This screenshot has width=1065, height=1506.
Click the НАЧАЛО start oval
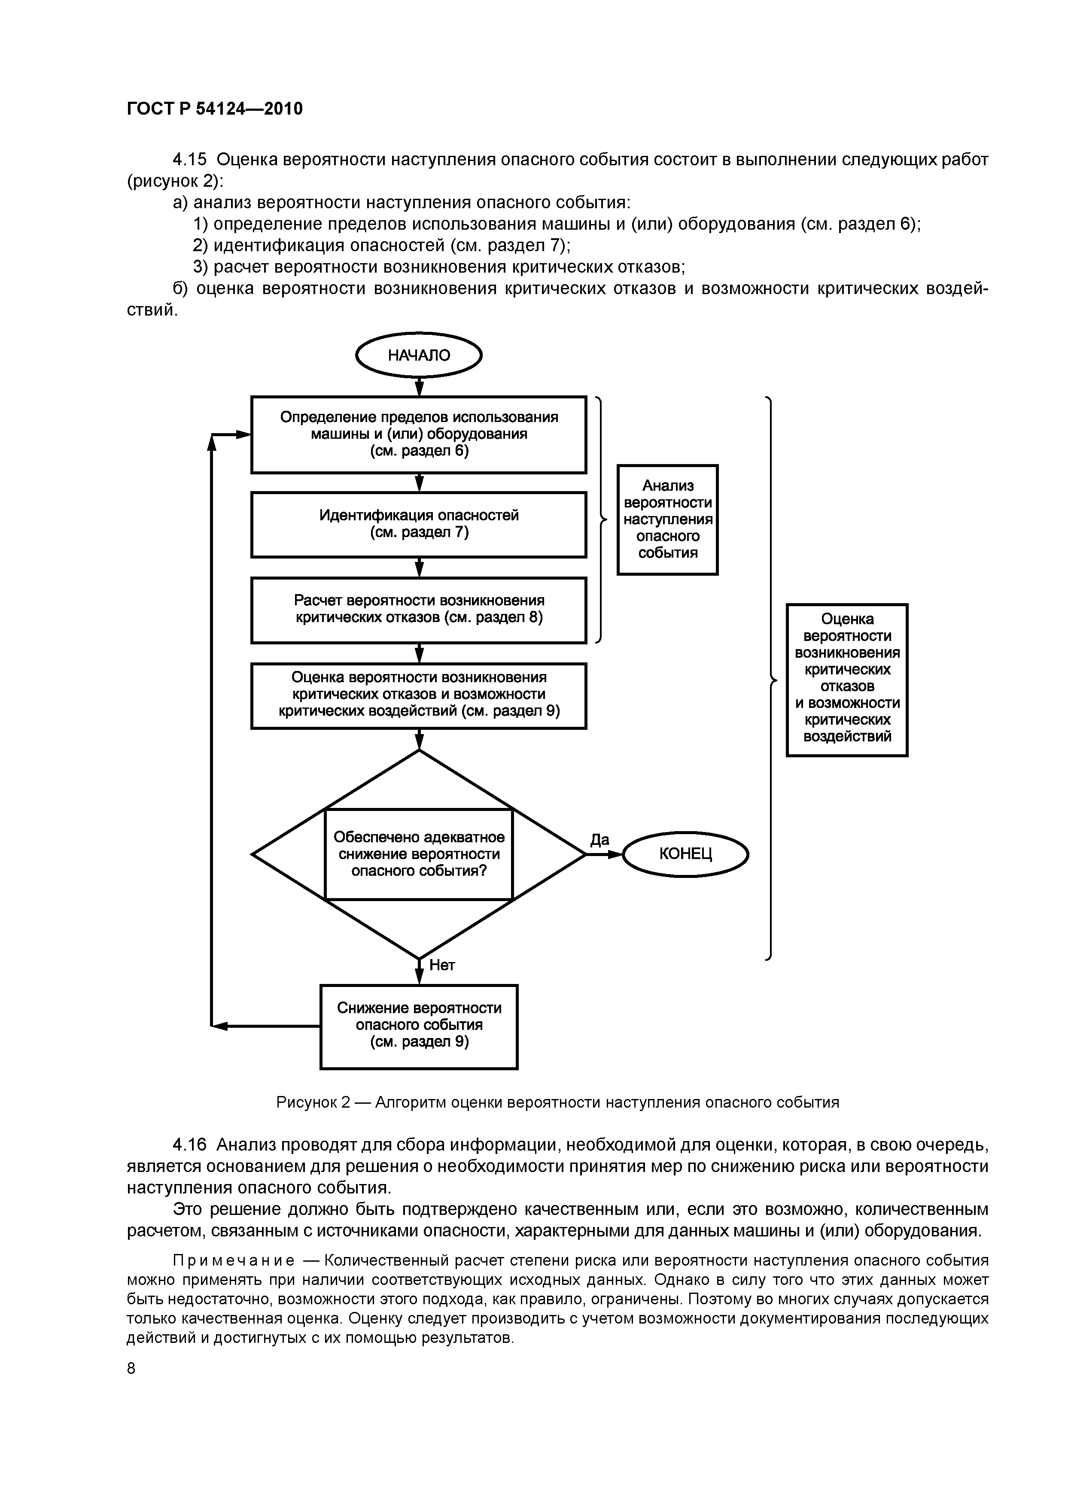click(x=419, y=355)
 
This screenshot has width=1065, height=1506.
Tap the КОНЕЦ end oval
click(x=685, y=853)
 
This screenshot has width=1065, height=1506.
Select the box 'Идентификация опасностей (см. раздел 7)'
click(x=419, y=524)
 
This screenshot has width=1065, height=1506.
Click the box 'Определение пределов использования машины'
click(x=419, y=434)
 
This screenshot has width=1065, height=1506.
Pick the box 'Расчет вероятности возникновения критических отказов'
click(x=419, y=609)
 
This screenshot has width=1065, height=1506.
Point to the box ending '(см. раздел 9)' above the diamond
click(x=419, y=695)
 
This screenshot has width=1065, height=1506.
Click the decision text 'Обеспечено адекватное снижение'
click(x=419, y=853)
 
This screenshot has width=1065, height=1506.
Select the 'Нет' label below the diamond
click(x=441, y=965)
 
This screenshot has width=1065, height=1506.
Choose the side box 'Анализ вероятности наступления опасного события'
click(x=667, y=519)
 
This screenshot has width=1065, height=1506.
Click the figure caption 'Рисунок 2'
click(x=314, y=1102)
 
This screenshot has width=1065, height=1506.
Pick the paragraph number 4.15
click(x=190, y=160)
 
